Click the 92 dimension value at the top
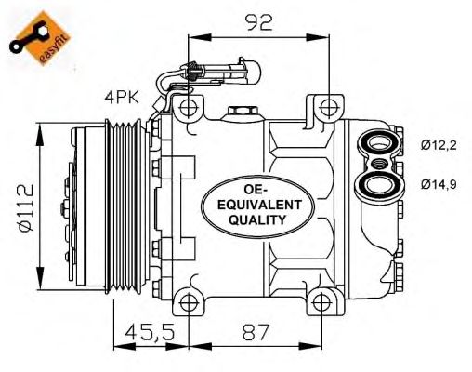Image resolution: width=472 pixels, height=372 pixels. pos(258,22)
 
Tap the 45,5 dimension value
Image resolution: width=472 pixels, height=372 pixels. pos(151,332)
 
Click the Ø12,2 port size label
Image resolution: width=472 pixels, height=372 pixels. pos(439,145)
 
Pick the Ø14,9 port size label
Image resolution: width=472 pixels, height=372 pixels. pos(439,185)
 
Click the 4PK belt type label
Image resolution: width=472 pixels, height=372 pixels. pos(122,97)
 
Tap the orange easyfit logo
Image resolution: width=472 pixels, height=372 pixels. pos(40,38)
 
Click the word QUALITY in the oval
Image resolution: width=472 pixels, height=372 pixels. pos(257,219)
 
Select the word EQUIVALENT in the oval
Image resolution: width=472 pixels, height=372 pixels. pos(259,205)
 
